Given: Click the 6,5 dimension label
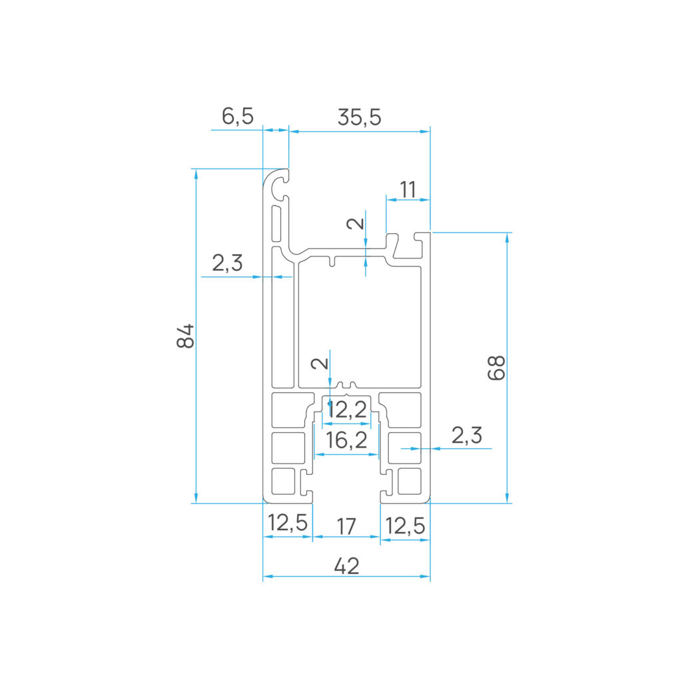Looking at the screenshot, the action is tap(238, 116).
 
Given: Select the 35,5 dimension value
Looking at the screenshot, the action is tap(359, 117).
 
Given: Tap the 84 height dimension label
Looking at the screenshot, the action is tap(186, 336).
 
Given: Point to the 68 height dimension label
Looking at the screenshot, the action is tap(496, 368).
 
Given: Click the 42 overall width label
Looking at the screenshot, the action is tap(346, 566).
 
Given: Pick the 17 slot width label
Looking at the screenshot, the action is tap(346, 527).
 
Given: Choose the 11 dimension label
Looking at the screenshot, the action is tap(408, 190).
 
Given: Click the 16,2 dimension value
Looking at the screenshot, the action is tap(346, 440).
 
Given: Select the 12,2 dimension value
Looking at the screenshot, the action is tap(346, 410).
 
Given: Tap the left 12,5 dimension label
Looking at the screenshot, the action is tap(288, 523).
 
